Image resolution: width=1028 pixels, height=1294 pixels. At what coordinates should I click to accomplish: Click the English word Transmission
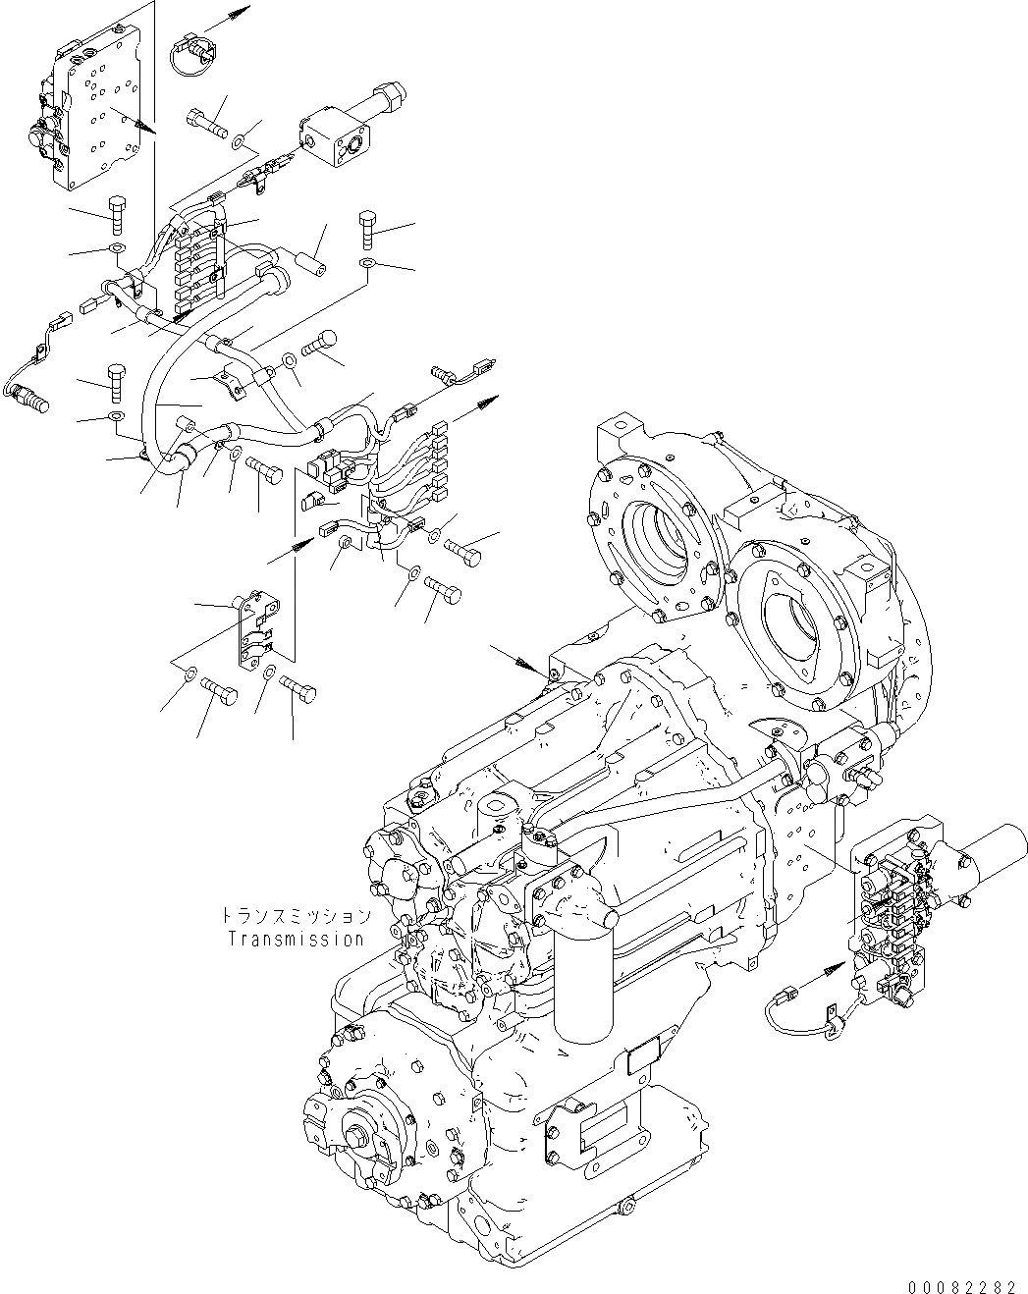296,938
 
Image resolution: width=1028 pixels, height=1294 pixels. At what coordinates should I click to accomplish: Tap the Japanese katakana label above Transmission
296,916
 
